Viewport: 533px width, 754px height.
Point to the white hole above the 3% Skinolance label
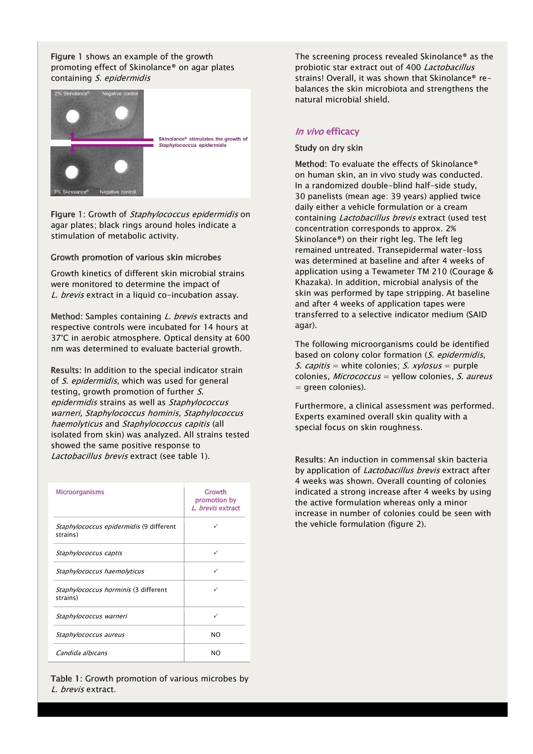pos(72,172)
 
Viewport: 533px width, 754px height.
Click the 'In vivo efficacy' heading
pos(327,132)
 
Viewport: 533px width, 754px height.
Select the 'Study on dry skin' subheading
pos(328,148)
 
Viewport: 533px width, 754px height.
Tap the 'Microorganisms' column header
pos(80,492)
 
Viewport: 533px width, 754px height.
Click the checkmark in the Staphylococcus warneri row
pos(216,616)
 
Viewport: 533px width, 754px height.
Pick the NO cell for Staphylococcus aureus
pos(216,634)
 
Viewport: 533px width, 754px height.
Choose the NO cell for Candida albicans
pos(216,653)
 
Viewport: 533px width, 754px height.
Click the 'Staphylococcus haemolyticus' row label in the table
pos(100,572)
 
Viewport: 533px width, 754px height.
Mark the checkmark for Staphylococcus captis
pos(216,553)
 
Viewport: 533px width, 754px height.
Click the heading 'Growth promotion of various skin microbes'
pos(136,257)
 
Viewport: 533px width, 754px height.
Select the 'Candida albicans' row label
pos(81,653)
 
